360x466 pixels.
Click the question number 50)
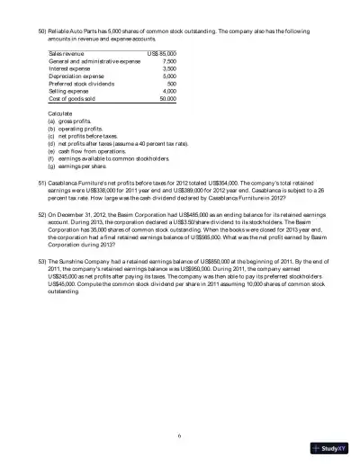pyautogui.click(x=41, y=16)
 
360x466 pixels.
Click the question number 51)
pyautogui.click(x=41, y=182)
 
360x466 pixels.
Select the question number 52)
pyautogui.click(x=41, y=217)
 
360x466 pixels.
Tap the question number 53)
pyautogui.click(x=41, y=260)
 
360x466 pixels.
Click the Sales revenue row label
pyautogui.click(x=68, y=54)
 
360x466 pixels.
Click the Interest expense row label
pyautogui.click(x=72, y=68)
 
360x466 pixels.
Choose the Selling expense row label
pyautogui.click(x=70, y=91)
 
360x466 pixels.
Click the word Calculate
pyautogui.click(x=61, y=113)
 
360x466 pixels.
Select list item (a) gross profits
pyautogui.click(x=74, y=121)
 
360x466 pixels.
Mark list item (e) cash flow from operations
pyautogui.click(x=89, y=150)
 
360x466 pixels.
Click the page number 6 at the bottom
pyautogui.click(x=180, y=435)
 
